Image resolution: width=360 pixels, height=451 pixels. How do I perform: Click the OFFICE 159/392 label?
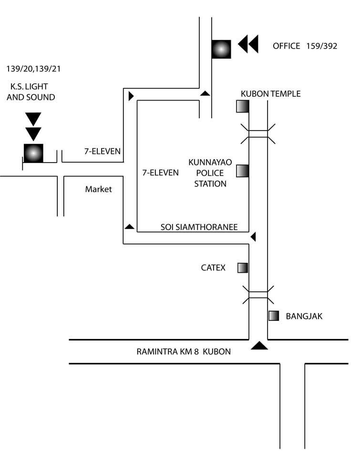305,46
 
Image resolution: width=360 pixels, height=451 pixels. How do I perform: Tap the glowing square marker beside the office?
221,49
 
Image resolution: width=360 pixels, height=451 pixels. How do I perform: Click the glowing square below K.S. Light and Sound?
33,153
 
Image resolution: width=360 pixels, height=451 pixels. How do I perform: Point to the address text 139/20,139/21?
33,69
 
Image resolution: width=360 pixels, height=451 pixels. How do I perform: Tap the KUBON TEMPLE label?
271,94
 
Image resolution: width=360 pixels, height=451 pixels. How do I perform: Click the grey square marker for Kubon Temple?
242,106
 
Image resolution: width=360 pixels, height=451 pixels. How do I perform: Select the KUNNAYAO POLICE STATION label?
210,173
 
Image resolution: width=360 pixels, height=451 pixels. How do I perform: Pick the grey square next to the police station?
242,171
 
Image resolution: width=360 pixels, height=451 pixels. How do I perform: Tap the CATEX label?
213,268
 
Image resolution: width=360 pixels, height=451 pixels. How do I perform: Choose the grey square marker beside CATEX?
243,268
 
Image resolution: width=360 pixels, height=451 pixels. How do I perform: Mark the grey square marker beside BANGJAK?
273,316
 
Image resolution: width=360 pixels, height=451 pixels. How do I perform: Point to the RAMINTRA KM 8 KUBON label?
184,352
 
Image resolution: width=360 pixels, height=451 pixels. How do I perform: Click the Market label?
98,189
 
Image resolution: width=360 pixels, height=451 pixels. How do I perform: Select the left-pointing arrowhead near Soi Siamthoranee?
254,237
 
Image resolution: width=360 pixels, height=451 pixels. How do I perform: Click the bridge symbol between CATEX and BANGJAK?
258,295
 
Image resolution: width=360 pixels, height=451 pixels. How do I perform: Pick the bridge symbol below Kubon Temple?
258,134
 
